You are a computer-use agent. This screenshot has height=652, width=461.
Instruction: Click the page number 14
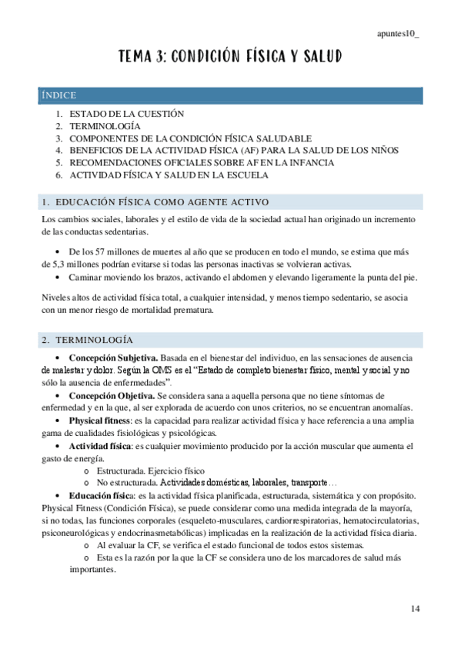(x=416, y=609)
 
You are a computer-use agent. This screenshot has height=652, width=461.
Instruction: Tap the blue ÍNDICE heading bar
(x=231, y=95)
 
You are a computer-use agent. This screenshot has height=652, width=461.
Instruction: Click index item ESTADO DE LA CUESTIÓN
(x=127, y=113)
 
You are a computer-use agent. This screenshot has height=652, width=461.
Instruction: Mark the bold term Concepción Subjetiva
(x=113, y=358)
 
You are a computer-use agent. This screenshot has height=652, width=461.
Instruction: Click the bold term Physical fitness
(x=99, y=421)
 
